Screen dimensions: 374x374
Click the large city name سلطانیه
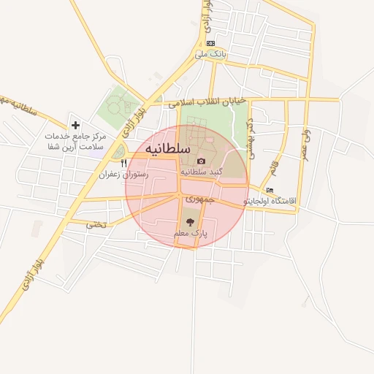[x=168, y=149]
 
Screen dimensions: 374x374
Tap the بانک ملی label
[x=210, y=55]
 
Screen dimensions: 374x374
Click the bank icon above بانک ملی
[x=210, y=43]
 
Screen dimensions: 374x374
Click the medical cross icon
[x=75, y=126]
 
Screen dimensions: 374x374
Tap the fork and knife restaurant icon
[x=124, y=164]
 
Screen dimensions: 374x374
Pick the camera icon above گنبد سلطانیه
[x=202, y=161]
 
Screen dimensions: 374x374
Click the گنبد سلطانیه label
[x=201, y=172]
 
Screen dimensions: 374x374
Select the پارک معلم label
[x=191, y=233]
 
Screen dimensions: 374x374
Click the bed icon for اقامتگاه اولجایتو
[x=270, y=190]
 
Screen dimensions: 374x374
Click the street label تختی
[x=96, y=224]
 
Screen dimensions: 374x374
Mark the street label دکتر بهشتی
[x=250, y=139]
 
